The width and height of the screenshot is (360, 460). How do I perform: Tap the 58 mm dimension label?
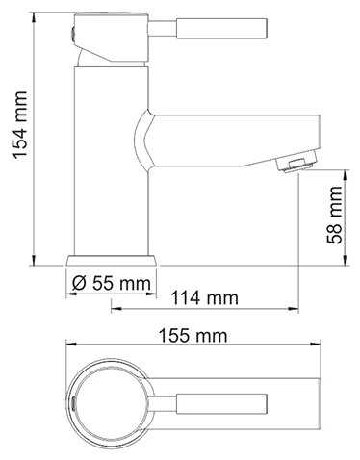point(335,218)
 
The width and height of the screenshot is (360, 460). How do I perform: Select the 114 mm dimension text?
point(204,297)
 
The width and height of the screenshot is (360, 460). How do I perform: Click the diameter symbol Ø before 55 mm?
point(79,283)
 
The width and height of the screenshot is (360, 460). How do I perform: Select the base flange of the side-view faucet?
point(111,260)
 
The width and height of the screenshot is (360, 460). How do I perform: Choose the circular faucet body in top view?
point(111,401)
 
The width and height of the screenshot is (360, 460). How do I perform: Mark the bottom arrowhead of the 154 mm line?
point(35,261)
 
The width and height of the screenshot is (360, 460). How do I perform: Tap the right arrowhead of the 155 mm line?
point(319,348)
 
